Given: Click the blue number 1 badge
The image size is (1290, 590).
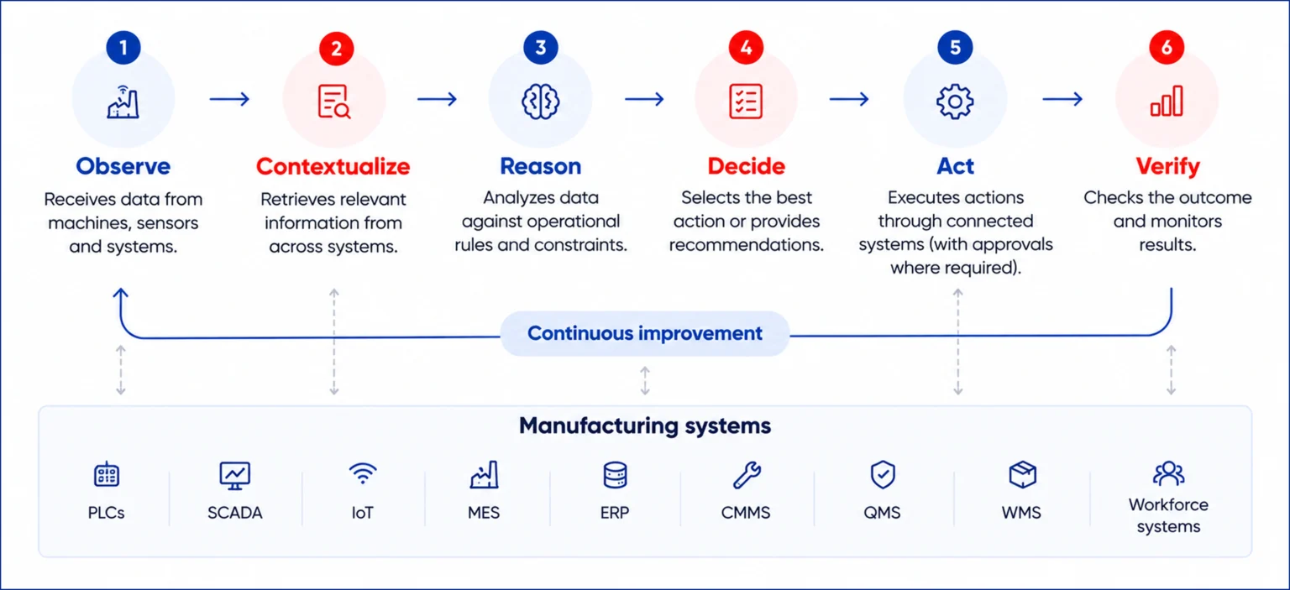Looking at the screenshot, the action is [x=123, y=47].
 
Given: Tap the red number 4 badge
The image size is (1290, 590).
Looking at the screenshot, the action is [x=746, y=47].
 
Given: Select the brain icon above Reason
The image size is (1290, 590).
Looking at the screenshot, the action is [x=540, y=102].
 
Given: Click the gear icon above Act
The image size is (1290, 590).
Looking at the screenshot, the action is [x=955, y=102].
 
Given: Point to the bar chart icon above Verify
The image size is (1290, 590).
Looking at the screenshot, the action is [x=1167, y=102].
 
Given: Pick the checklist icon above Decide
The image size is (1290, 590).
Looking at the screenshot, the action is [x=746, y=102].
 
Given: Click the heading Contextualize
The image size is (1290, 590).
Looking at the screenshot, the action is [x=333, y=166].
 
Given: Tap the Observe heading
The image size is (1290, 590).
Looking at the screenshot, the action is [x=123, y=166].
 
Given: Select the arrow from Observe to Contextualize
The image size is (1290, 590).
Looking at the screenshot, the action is [x=229, y=99].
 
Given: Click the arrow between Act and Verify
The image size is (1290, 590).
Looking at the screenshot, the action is [x=1062, y=99].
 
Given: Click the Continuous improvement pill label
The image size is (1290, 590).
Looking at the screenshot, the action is [x=645, y=333].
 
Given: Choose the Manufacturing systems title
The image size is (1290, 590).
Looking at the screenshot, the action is [x=645, y=426].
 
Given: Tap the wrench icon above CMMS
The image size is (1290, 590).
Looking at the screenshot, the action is [x=747, y=476].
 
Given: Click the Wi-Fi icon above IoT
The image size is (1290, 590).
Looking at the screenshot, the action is [x=363, y=473].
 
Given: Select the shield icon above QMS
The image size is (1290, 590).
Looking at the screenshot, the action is [x=883, y=475].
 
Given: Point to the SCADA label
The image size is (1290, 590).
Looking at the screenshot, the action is [x=235, y=513].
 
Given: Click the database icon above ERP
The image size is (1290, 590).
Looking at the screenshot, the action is [x=615, y=476].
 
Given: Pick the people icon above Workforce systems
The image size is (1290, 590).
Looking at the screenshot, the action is [x=1168, y=473].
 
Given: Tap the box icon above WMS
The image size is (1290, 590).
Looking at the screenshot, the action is [x=1023, y=475].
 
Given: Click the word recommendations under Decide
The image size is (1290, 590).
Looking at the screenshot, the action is [x=747, y=244].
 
